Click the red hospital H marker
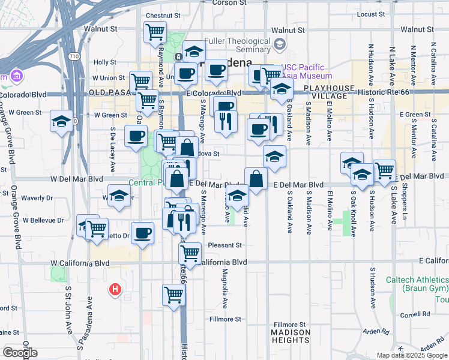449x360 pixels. [115, 290]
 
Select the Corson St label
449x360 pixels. [224, 3]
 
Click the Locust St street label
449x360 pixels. [370, 14]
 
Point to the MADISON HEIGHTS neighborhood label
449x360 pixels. [291, 336]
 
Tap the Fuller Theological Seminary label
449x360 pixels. [235, 45]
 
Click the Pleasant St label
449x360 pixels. [224, 245]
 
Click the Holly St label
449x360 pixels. [104, 62]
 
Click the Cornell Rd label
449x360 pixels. [417, 314]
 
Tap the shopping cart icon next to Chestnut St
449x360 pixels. [155, 32]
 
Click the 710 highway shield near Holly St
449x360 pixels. [73, 56]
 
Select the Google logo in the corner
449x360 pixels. [20, 353]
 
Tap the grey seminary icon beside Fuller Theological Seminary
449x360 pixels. [280, 44]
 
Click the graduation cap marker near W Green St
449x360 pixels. [61, 121]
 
